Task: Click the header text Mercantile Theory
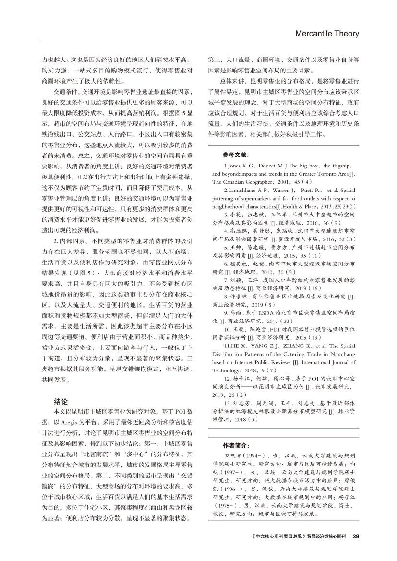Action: point(327,34)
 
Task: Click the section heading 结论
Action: point(60,401)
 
